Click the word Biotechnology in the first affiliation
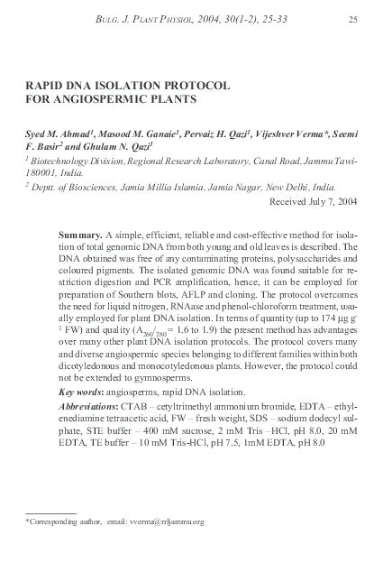tap(63, 161)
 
